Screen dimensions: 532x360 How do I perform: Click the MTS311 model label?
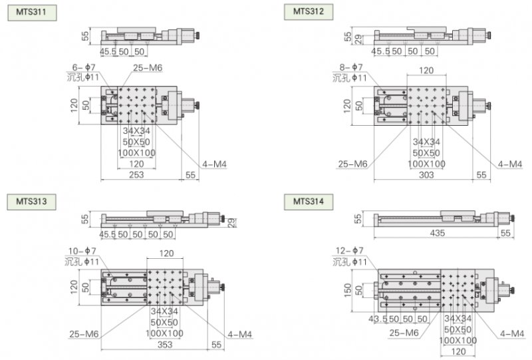[32, 12]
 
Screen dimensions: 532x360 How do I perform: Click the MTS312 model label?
[309, 11]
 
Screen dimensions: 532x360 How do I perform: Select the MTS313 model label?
[31, 202]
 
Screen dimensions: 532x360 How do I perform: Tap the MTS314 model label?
[309, 202]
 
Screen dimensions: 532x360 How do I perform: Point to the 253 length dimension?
[136, 175]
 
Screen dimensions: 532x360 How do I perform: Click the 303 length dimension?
[426, 175]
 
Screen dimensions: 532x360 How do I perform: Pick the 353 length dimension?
[165, 345]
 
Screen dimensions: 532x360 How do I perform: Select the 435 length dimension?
[437, 233]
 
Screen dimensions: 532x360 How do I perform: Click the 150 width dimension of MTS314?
[348, 290]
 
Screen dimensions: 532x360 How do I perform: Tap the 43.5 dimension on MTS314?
[378, 319]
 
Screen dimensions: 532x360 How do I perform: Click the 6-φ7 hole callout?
[84, 67]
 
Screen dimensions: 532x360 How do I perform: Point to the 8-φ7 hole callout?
[351, 67]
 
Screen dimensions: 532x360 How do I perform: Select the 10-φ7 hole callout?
[82, 251]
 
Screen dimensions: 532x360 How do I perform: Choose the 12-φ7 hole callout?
[350, 251]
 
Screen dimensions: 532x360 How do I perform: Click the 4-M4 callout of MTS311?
[214, 164]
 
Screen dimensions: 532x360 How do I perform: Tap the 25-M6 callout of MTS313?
[84, 334]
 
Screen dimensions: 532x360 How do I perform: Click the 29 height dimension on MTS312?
[358, 40]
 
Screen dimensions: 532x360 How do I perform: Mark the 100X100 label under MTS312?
[426, 164]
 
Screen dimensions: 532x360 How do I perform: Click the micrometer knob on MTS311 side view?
[197, 35]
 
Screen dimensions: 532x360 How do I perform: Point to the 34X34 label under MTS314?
[458, 318]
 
